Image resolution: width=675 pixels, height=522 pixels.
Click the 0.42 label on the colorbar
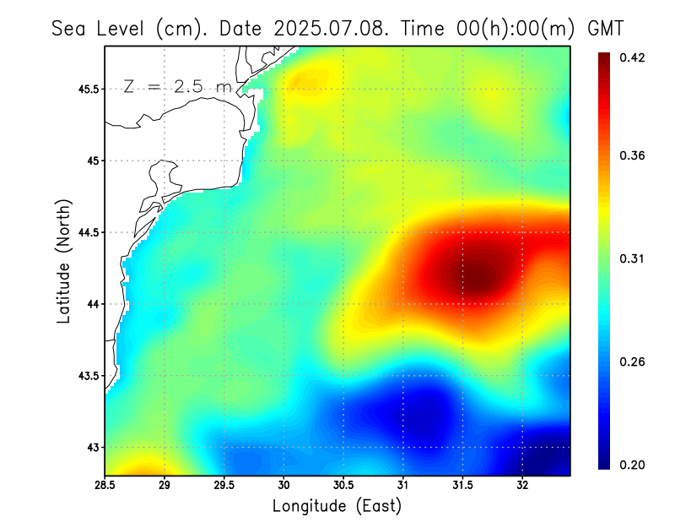(x=633, y=57)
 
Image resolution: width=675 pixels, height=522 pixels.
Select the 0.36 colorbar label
(x=633, y=155)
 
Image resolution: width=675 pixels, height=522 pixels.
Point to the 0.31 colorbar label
(x=633, y=258)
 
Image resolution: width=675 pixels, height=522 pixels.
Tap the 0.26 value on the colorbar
(x=633, y=362)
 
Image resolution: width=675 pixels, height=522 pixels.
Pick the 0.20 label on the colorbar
(x=633, y=465)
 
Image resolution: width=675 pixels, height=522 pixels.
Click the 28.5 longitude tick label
(x=105, y=485)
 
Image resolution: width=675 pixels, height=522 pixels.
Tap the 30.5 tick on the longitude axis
(x=343, y=485)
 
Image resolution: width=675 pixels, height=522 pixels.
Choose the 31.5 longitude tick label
(x=462, y=485)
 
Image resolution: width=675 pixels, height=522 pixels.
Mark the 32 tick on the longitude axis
(x=522, y=485)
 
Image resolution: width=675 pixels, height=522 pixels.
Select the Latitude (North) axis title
(x=63, y=261)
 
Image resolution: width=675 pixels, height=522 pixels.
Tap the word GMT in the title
(x=605, y=28)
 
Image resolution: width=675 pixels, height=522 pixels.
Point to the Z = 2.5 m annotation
(x=177, y=86)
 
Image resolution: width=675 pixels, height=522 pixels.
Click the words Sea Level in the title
(x=100, y=28)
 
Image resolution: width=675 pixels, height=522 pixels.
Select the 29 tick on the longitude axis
(x=165, y=485)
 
